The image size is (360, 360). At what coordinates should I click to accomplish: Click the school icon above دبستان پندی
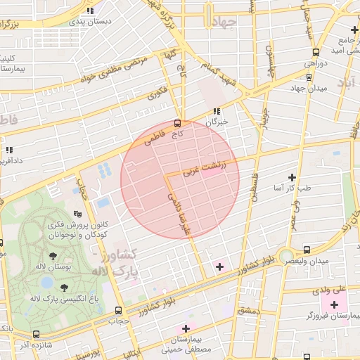(90, 11)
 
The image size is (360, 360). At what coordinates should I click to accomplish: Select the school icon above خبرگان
(217, 110)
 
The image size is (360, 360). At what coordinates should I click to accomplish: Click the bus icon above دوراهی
(316, 51)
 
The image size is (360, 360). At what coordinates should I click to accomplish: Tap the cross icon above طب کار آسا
(292, 176)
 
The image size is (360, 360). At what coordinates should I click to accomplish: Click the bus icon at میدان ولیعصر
(307, 249)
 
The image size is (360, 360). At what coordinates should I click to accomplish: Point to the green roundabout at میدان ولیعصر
(285, 255)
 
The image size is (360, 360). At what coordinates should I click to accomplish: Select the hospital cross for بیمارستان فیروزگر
(334, 304)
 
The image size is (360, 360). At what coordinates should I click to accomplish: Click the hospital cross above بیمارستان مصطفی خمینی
(186, 328)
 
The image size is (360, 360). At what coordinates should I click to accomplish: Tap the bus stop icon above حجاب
(117, 309)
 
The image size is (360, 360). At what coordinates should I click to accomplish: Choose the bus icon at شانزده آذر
(36, 335)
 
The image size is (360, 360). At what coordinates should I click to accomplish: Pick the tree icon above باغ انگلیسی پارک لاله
(64, 287)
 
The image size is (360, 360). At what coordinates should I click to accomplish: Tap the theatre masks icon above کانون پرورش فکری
(77, 214)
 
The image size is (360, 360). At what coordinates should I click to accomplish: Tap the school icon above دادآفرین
(9, 150)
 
